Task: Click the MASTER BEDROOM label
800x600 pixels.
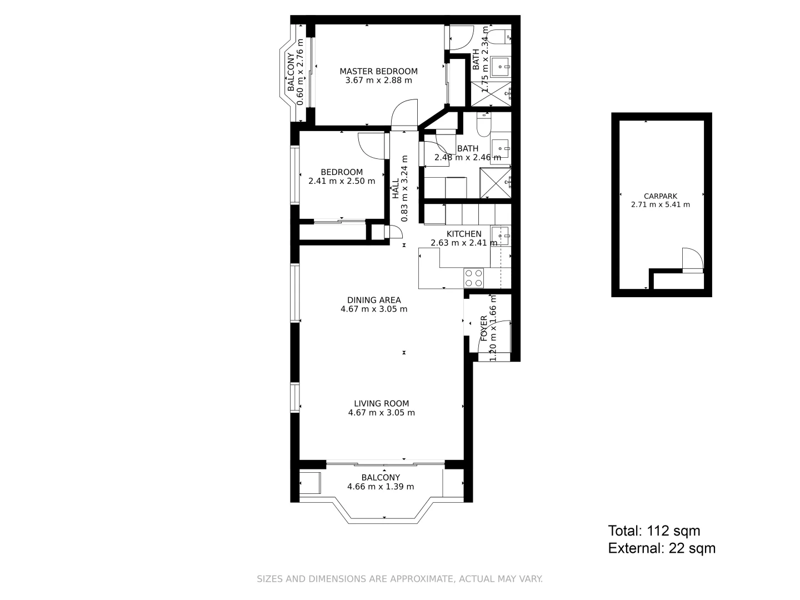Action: click(x=378, y=71)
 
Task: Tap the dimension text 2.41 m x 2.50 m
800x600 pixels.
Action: click(x=341, y=181)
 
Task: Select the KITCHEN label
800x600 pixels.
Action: click(x=464, y=234)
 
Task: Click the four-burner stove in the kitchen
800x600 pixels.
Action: click(x=474, y=277)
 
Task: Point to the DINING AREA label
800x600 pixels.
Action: click(x=374, y=300)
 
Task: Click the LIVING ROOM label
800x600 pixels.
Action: click(x=381, y=404)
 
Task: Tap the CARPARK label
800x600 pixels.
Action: click(x=660, y=196)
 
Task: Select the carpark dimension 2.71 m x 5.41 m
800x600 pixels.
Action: click(x=660, y=204)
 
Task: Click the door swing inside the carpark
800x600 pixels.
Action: click(x=692, y=259)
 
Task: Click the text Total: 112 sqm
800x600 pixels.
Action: click(x=654, y=531)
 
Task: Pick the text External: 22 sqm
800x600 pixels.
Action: click(x=662, y=549)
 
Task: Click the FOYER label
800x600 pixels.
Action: click(x=484, y=328)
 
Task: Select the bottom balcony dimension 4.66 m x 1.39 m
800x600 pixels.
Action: click(x=381, y=487)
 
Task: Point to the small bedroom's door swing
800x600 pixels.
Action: click(x=371, y=145)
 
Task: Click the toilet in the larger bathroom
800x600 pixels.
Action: click(x=483, y=125)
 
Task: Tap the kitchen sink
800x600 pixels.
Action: click(x=500, y=236)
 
